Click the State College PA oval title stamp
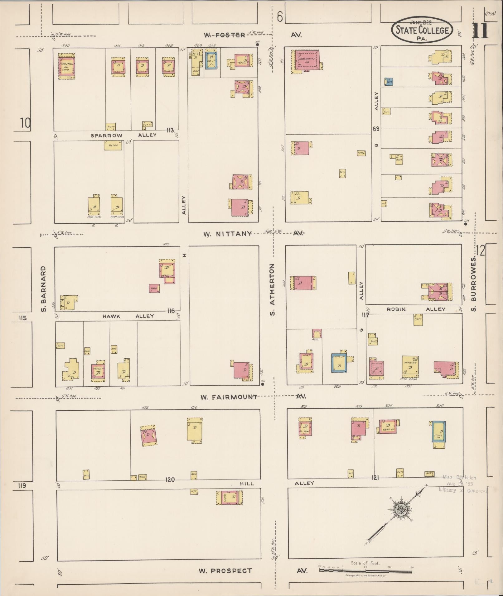(422, 30)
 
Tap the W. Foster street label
(225, 35)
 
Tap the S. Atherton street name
(272, 289)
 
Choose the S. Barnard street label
(44, 288)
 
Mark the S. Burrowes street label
(474, 279)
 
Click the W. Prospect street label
(225, 571)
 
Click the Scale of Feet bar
(365, 570)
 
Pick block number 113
(170, 130)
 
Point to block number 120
(170, 480)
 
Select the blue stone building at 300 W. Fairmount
(438, 431)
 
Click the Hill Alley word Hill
(247, 484)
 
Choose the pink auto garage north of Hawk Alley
(154, 288)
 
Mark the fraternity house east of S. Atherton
(307, 61)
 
